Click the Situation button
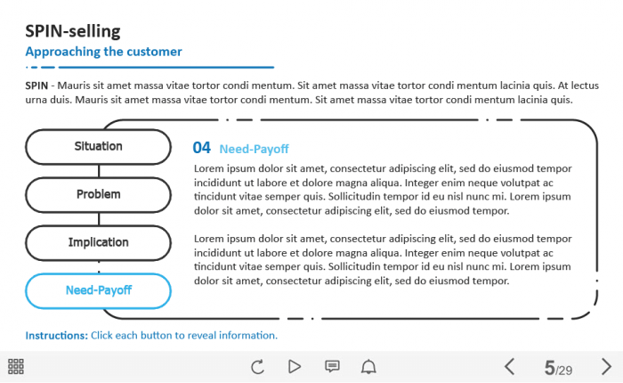[x=99, y=147]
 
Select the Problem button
[x=99, y=195]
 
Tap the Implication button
[x=99, y=243]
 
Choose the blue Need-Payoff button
[x=99, y=291]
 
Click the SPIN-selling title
[x=73, y=31]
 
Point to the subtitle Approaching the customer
[x=104, y=52]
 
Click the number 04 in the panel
[x=201, y=148]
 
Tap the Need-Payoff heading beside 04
[x=254, y=149]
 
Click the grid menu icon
[x=16, y=366]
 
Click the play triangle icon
[x=294, y=366]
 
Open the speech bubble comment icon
[x=332, y=366]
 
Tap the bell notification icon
[x=368, y=366]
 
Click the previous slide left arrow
[x=510, y=366]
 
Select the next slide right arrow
[x=606, y=366]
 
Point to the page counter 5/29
[x=558, y=368]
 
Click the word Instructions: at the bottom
[x=56, y=336]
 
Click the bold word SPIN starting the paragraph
[x=36, y=86]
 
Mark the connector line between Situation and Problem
[x=99, y=171]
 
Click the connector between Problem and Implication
[x=99, y=219]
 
